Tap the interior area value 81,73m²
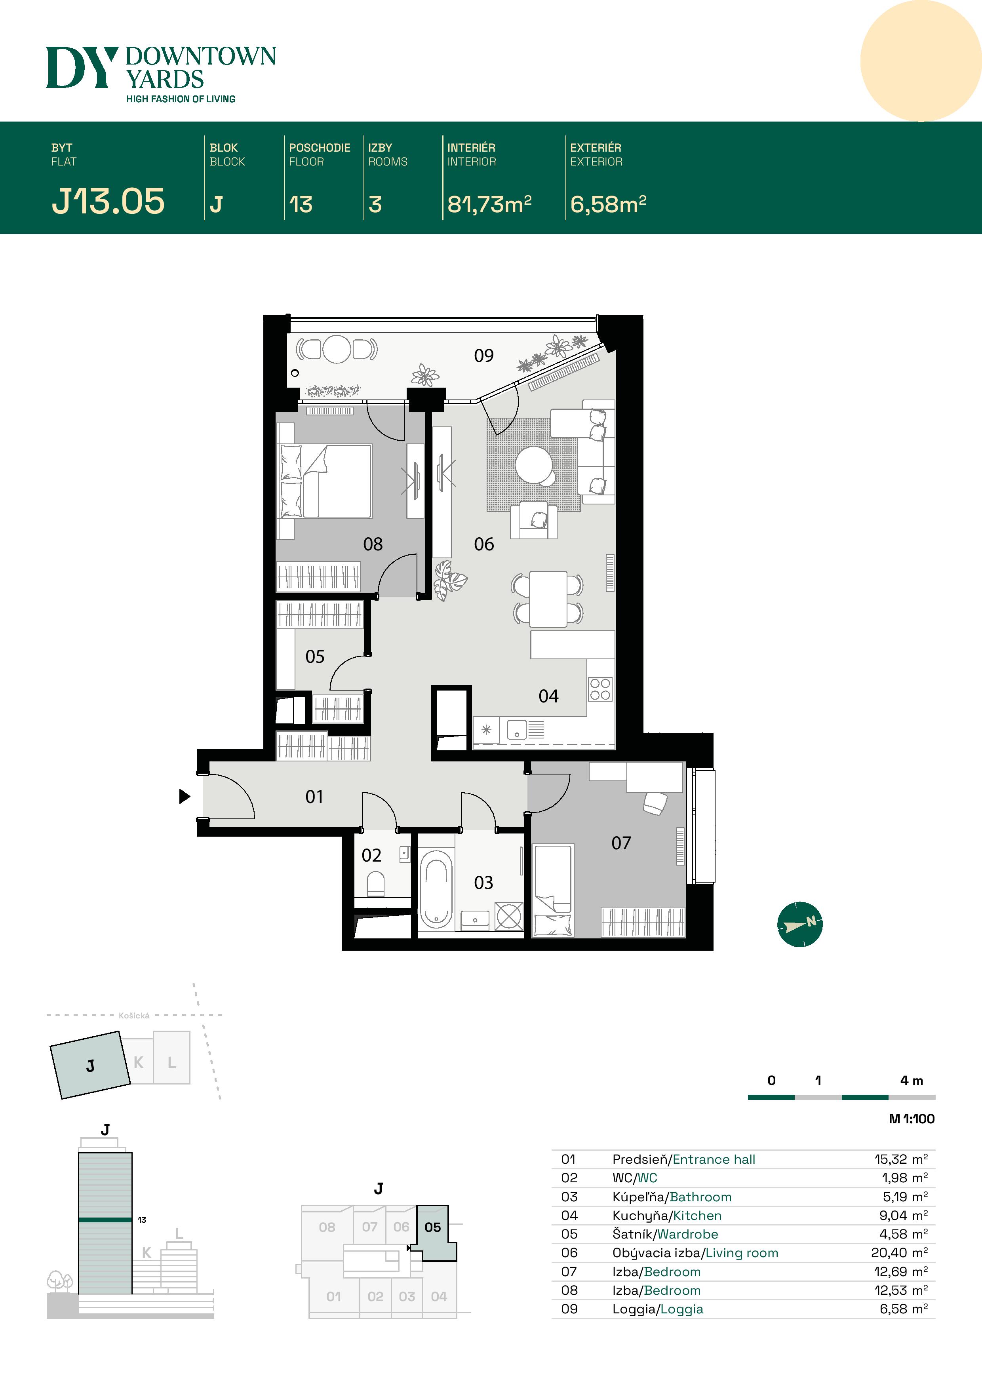coord(489,204)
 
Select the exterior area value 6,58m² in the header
coord(608,204)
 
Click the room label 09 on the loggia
coord(483,355)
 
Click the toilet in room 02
coord(376,883)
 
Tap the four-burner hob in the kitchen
coord(600,689)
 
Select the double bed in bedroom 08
coord(325,481)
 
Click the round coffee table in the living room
coord(534,464)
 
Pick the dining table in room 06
coord(548,599)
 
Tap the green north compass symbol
coord(800,924)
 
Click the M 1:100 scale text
coord(911,1119)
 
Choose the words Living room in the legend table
coord(742,1253)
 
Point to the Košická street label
coord(134,1016)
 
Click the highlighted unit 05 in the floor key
coord(433,1227)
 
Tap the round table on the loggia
coord(337,349)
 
